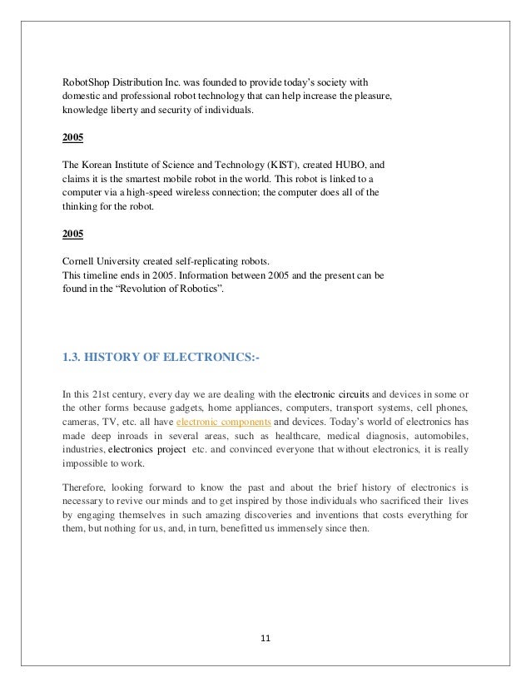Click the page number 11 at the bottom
(265, 639)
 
